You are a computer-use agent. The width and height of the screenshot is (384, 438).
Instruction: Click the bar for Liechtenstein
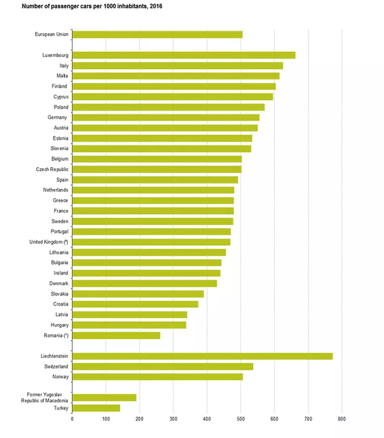point(202,356)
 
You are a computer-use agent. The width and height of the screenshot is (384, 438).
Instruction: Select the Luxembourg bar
point(184,55)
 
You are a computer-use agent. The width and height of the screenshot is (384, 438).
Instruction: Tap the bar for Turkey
point(96,408)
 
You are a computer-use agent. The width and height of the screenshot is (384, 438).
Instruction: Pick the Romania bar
point(116,335)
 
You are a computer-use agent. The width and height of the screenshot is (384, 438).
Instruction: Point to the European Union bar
point(157,34)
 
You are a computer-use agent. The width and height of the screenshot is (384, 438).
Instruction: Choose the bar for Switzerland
point(163,366)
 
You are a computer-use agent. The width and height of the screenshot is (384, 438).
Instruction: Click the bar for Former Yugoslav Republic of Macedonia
point(105,398)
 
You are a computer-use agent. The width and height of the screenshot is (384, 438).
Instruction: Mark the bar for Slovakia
point(138,294)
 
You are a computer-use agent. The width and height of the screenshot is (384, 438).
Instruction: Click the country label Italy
point(63,66)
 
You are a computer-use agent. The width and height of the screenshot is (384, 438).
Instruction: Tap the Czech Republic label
point(52,169)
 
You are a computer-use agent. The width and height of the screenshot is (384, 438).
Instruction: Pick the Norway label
point(60,377)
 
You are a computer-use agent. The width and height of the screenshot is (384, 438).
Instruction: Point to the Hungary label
point(59,325)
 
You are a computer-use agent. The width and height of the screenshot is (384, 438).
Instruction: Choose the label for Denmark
point(58,283)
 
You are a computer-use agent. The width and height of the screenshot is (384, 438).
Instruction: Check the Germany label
point(58,117)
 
